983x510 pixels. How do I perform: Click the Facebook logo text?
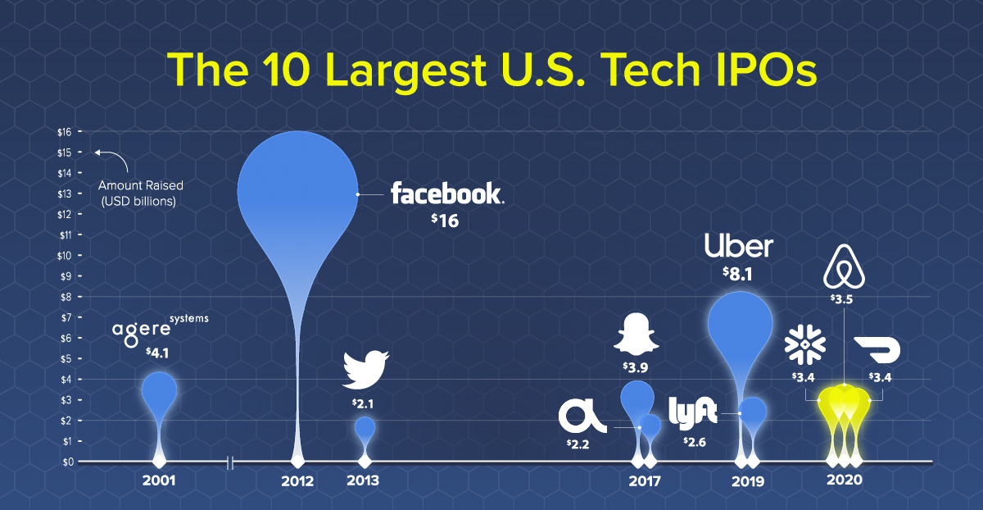446,194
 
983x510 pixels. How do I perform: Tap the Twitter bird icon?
365,369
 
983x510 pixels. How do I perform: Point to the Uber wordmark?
738,246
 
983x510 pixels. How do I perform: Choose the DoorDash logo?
877,350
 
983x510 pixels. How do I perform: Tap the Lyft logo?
692,411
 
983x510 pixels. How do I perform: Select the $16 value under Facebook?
446,221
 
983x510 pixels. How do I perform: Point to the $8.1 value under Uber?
739,276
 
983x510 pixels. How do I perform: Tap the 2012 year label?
297,480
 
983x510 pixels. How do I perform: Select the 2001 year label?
158,480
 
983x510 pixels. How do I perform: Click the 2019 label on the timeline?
748,481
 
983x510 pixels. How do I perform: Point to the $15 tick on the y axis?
65,153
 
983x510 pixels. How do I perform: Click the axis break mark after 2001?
230,463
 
